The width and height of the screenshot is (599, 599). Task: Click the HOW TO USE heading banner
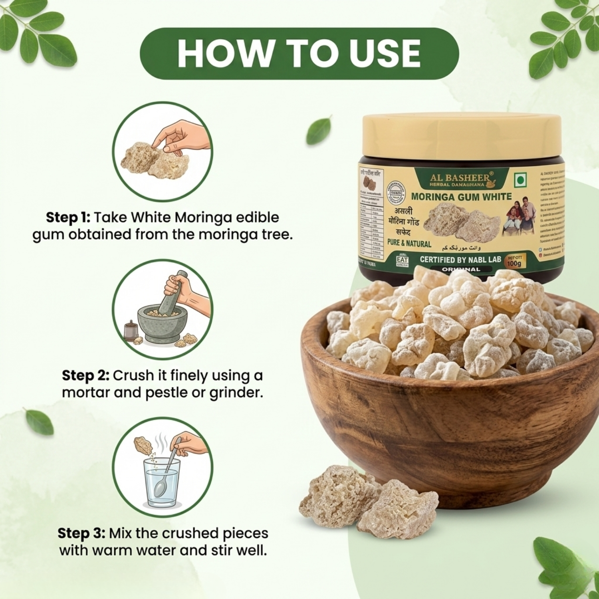pyautogui.click(x=299, y=54)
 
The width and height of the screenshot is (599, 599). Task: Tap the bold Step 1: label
pyautogui.click(x=68, y=218)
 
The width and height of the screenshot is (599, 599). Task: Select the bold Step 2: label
pyautogui.click(x=85, y=376)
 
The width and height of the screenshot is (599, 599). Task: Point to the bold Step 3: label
pyautogui.click(x=81, y=534)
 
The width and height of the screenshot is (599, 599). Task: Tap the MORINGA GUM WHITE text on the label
pyautogui.click(x=461, y=196)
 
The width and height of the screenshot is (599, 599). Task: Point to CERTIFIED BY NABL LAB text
pyautogui.click(x=460, y=260)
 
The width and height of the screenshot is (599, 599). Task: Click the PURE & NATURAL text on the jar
pyautogui.click(x=409, y=244)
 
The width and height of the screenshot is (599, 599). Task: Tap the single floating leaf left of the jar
pyautogui.click(x=319, y=131)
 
